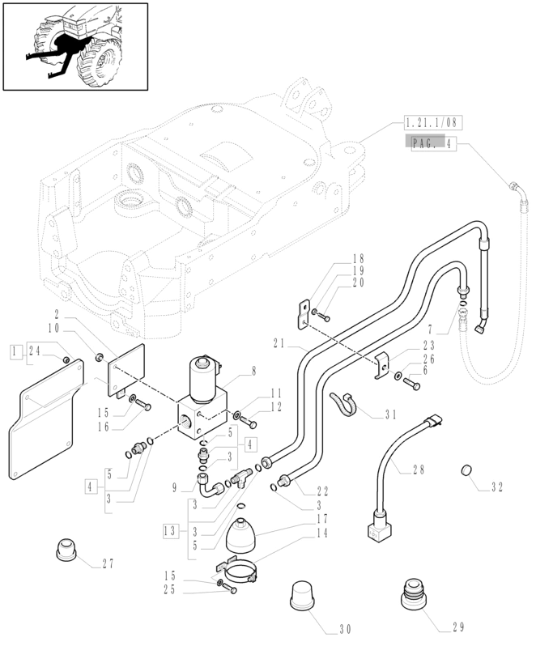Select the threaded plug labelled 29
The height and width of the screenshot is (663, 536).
point(414,601)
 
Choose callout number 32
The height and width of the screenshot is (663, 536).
point(496,487)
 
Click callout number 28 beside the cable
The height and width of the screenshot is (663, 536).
point(418,470)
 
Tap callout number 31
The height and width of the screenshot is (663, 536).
point(391,415)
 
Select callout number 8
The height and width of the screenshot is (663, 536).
point(253,371)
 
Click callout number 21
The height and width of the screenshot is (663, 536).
point(279,342)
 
